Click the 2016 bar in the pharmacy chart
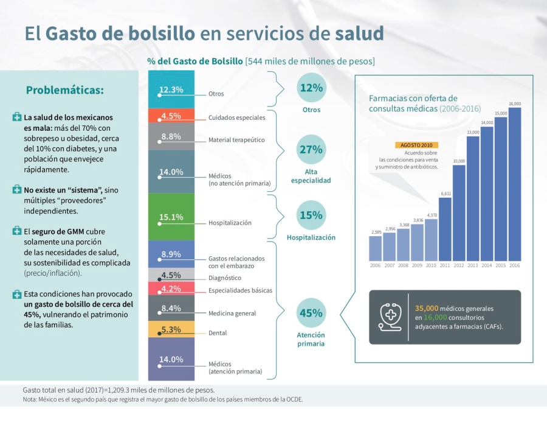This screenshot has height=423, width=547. pos(515,184)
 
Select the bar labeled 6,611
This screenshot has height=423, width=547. pos(446,229)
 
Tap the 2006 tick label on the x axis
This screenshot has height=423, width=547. pos(376,266)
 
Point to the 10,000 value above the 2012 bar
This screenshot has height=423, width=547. pos(459,161)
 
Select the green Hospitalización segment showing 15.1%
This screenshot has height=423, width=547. pos(171,217)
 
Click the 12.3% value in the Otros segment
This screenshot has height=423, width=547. pos(171,89)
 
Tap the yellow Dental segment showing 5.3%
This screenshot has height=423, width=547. pos(171,330)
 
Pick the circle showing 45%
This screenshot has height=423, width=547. pos(311,313)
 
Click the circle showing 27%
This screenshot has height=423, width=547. pos(311,150)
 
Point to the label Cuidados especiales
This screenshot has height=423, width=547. pos(236,117)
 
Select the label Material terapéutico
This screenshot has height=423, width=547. pos(236,140)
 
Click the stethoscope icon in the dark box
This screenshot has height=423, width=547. pos(390,316)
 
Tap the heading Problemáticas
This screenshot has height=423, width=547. pos(65,90)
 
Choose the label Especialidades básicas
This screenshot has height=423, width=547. pos(240,290)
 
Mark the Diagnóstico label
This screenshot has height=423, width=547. pos(225,278)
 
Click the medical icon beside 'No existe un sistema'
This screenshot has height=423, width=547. pos(16,190)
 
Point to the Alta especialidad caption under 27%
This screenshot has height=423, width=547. pos(311,177)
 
